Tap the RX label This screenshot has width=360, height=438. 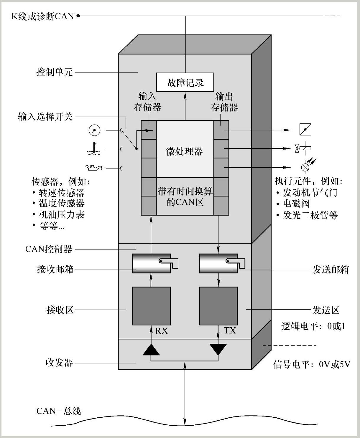(x=161, y=331)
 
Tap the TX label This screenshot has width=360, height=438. (x=230, y=330)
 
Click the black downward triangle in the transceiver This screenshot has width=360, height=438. (x=218, y=349)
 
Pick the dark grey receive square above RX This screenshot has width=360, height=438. (x=151, y=306)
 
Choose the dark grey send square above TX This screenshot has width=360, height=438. (x=218, y=306)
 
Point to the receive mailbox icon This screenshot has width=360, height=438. (x=154, y=263)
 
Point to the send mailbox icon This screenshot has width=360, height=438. (x=222, y=263)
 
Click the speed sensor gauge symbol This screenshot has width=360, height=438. (x=95, y=130)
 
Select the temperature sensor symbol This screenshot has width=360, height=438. (x=94, y=149)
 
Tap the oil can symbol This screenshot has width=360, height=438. (x=94, y=168)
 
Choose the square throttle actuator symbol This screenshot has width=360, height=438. (x=305, y=129)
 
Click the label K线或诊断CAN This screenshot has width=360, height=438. (x=42, y=16)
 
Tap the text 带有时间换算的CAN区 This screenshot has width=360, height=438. (x=185, y=196)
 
